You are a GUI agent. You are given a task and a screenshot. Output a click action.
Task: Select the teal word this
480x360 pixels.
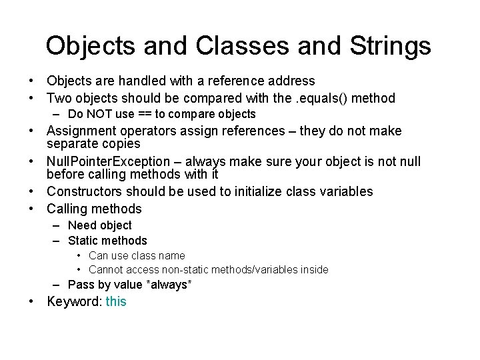pyautogui.click(x=115, y=301)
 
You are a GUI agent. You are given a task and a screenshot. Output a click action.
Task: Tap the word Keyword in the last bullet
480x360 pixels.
pyautogui.click(x=73, y=301)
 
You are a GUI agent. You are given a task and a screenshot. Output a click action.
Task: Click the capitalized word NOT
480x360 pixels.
pyautogui.click(x=99, y=114)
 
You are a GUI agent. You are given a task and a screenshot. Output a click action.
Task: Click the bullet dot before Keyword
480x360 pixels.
pyautogui.click(x=31, y=301)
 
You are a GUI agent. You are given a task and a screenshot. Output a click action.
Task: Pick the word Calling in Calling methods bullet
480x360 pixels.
pyautogui.click(x=67, y=209)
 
